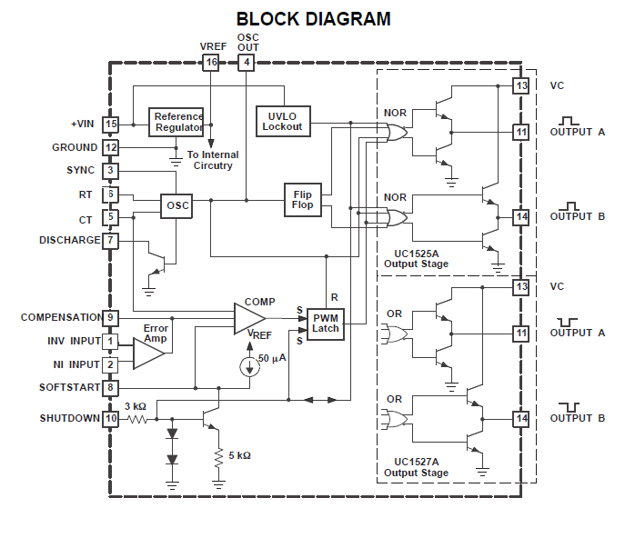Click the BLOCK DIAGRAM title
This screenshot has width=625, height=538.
[x=313, y=18]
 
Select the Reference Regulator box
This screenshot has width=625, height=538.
[x=177, y=122]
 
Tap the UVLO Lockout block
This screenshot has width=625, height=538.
[x=283, y=121]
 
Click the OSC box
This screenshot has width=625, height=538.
[x=177, y=205]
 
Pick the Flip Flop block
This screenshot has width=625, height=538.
[x=303, y=199]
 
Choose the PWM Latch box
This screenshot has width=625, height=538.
[x=325, y=323]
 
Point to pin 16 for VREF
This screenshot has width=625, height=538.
[x=211, y=62]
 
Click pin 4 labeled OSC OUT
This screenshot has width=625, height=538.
[x=247, y=62]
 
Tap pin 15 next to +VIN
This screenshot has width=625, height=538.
[x=110, y=124]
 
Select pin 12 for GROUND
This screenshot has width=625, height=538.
[x=110, y=147]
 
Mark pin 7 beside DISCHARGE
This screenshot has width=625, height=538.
[x=110, y=241]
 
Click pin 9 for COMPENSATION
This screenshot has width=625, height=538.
[x=110, y=318]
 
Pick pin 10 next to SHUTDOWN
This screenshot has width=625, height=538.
[x=110, y=419]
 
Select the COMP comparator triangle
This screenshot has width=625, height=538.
[x=247, y=318]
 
